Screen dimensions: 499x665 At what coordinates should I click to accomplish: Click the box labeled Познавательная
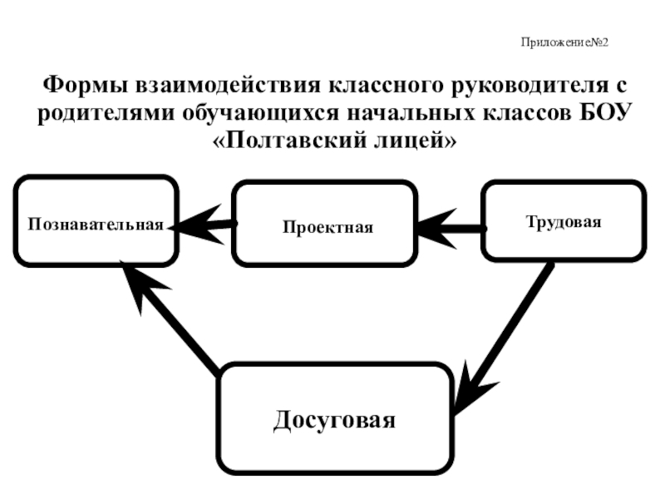point(96,221)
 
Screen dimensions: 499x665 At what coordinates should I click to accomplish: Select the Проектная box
point(324,225)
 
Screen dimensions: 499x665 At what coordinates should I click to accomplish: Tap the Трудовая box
point(563,220)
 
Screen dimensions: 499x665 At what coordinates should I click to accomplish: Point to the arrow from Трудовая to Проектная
point(450,226)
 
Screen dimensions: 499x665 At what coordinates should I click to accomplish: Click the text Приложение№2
point(565,42)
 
